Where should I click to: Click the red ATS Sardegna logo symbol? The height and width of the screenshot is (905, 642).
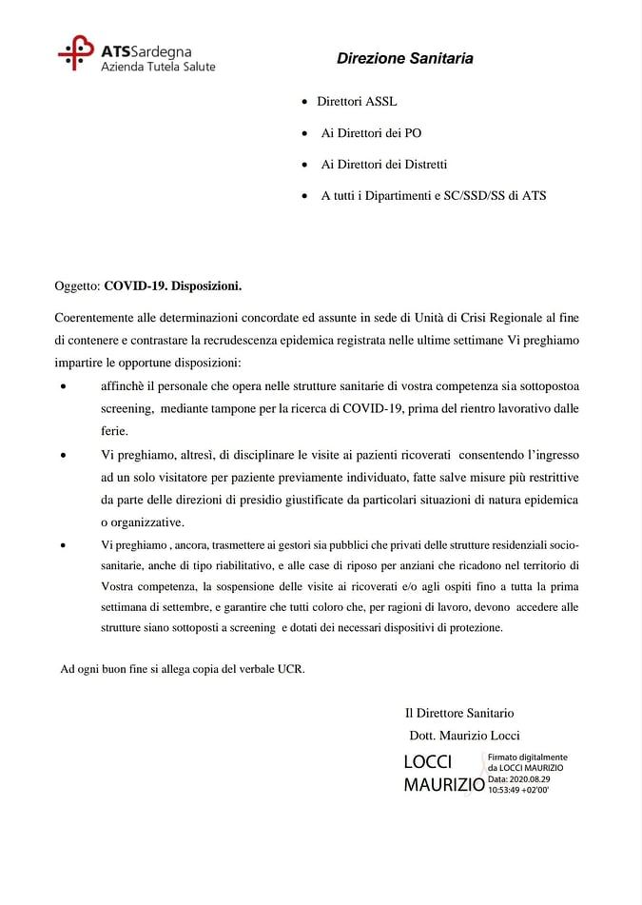(x=75, y=54)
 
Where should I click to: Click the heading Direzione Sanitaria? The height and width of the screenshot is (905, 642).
(x=404, y=59)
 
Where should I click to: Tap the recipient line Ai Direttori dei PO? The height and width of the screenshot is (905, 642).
(x=371, y=133)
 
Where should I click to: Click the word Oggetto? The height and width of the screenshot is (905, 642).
(x=75, y=285)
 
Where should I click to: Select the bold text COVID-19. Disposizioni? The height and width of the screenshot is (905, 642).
(x=173, y=285)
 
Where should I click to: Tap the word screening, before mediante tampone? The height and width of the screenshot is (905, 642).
(x=126, y=408)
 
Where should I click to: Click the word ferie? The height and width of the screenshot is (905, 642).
(x=114, y=430)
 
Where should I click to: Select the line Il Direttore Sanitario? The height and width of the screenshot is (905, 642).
(x=459, y=713)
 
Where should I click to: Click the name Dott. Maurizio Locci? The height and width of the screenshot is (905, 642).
(x=464, y=735)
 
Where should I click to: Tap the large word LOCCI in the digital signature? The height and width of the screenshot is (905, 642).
(x=428, y=762)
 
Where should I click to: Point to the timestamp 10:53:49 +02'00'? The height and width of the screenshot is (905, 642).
(x=518, y=789)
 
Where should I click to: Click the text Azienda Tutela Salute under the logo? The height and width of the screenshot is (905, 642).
(x=158, y=67)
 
